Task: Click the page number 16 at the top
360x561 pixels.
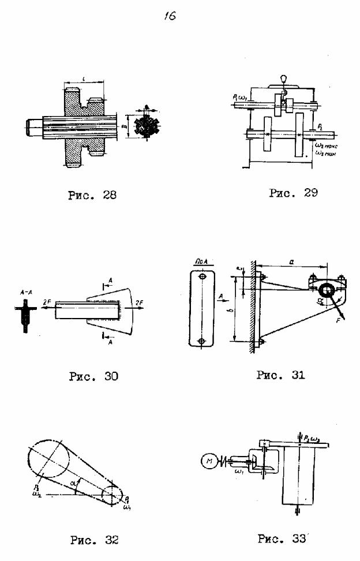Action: (x=170, y=17)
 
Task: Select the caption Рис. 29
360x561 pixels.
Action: (x=293, y=193)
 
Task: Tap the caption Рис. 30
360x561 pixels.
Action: (x=93, y=376)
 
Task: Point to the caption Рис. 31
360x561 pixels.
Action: (x=280, y=375)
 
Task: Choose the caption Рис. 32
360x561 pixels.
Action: (x=94, y=540)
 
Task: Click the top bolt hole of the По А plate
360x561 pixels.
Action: (x=201, y=276)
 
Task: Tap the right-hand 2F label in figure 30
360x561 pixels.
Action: (x=138, y=302)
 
